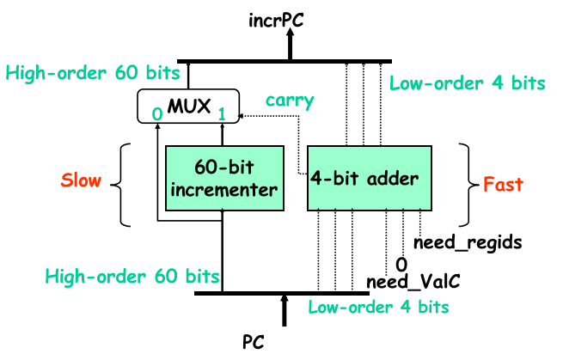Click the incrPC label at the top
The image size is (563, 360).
click(291, 15)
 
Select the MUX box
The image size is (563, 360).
click(187, 105)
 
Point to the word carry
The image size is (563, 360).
click(284, 99)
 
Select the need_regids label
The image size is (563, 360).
click(468, 242)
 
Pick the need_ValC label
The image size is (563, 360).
click(409, 281)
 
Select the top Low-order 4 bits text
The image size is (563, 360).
click(467, 82)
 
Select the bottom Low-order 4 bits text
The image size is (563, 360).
click(378, 306)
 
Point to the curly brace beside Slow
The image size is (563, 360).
click(127, 184)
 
